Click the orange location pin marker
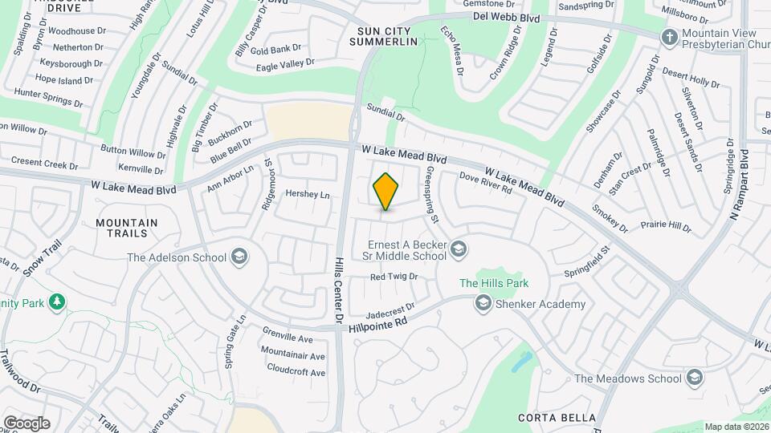point(385,192)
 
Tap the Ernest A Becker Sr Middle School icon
point(459,249)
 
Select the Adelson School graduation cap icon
point(238,257)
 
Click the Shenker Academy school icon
point(483,304)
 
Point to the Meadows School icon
point(694,378)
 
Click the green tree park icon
point(56,301)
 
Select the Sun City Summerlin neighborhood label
point(389,36)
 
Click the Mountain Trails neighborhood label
point(127,228)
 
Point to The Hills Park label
point(494,283)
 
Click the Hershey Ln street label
point(308,195)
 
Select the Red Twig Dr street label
point(394,277)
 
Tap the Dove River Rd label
point(486,183)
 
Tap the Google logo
point(27,423)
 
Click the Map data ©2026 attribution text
point(736,427)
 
